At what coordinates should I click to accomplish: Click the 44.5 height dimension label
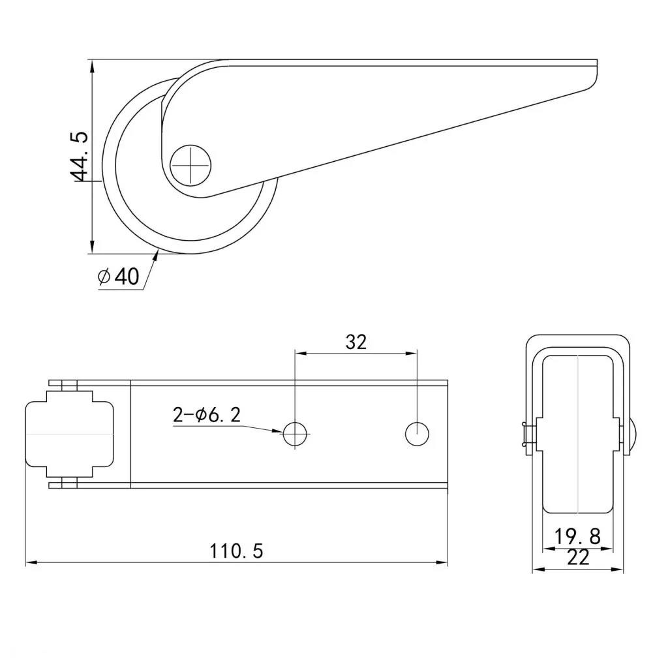click(x=79, y=157)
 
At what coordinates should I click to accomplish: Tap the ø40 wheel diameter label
click(x=119, y=276)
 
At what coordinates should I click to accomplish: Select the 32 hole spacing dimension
click(x=356, y=342)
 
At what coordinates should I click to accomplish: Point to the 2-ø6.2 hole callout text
click(x=207, y=415)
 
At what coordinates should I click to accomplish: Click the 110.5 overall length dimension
click(x=236, y=551)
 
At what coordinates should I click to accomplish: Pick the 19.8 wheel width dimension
click(x=577, y=536)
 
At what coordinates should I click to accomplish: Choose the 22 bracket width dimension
click(x=578, y=558)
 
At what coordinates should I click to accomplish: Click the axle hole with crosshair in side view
click(x=190, y=165)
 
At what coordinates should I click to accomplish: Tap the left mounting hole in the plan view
click(x=295, y=434)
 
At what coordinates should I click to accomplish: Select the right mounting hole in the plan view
click(x=417, y=434)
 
